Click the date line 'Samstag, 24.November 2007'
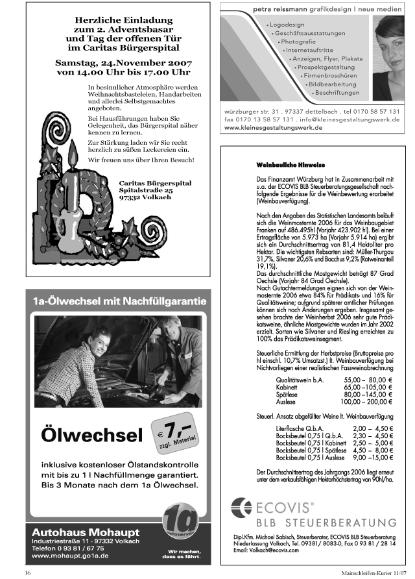(117, 63)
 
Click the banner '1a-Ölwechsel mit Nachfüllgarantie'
(120, 301)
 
